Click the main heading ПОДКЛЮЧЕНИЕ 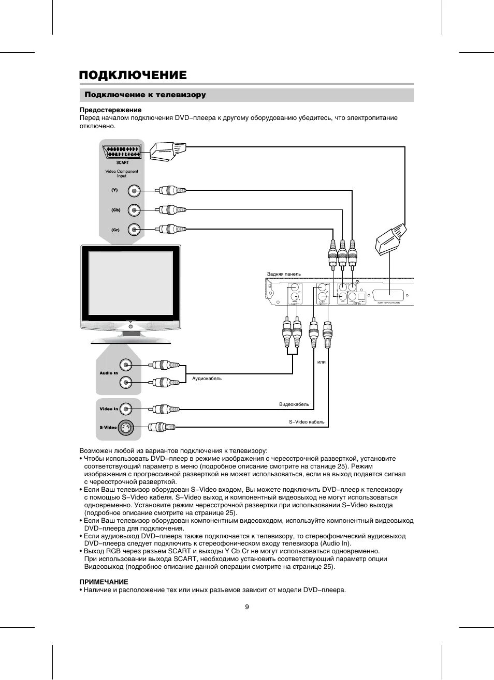[x=133, y=75]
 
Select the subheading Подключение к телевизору [x=145, y=95]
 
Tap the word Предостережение [x=110, y=110]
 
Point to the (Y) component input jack [x=134, y=190]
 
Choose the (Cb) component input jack [x=134, y=210]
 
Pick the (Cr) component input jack [x=134, y=229]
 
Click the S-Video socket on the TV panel [x=126, y=428]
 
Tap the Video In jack [x=126, y=409]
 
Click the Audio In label [x=109, y=373]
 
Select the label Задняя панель [x=284, y=274]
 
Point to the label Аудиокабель [x=207, y=379]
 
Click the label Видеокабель [x=294, y=404]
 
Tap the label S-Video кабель [x=307, y=422]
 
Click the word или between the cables [x=322, y=362]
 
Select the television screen [x=130, y=283]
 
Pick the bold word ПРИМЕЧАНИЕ [x=104, y=582]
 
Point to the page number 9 [x=247, y=607]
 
